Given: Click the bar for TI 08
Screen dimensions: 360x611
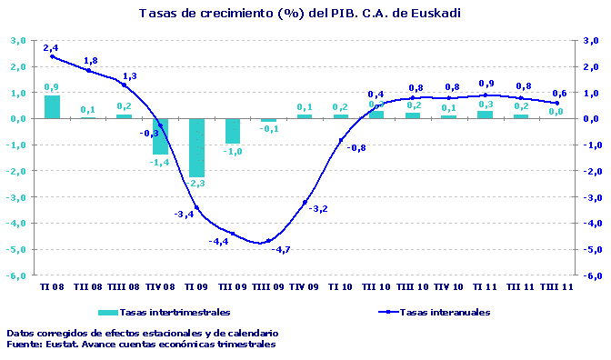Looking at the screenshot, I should pos(52,106).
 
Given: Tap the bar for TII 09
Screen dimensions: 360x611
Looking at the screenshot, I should pos(233,131).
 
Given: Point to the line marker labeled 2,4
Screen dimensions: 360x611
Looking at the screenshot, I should pos(52,56).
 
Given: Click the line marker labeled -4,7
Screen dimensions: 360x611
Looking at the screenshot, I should pos(268,242).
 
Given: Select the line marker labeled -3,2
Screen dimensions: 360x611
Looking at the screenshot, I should pos(305,202).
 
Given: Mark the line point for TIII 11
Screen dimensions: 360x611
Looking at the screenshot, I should pos(557,103).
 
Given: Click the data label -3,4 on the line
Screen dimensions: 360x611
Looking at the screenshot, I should pos(183,215).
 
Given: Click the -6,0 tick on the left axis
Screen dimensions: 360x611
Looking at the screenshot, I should pos(17,275).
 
